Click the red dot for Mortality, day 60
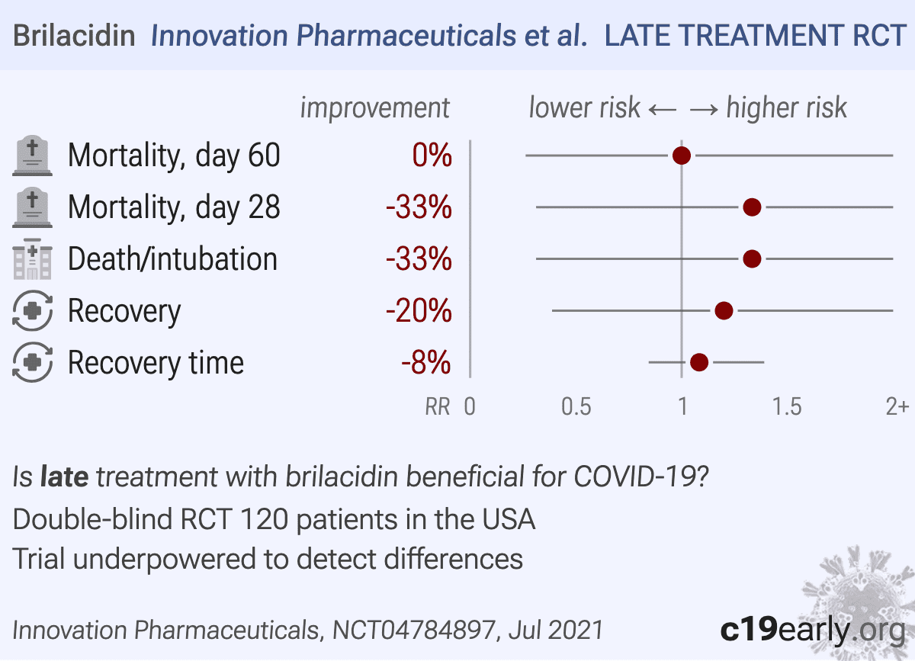point(682,156)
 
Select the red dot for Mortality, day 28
point(752,207)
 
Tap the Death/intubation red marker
point(752,259)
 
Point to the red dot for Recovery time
point(699,363)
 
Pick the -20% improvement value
point(419,312)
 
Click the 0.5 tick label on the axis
point(576,407)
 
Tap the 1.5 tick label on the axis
point(787,407)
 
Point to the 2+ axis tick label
point(897,407)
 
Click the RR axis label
point(437,407)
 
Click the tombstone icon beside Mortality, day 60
point(33,156)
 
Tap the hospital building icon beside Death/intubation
point(33,259)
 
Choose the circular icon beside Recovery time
point(33,363)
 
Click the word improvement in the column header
point(375,108)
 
